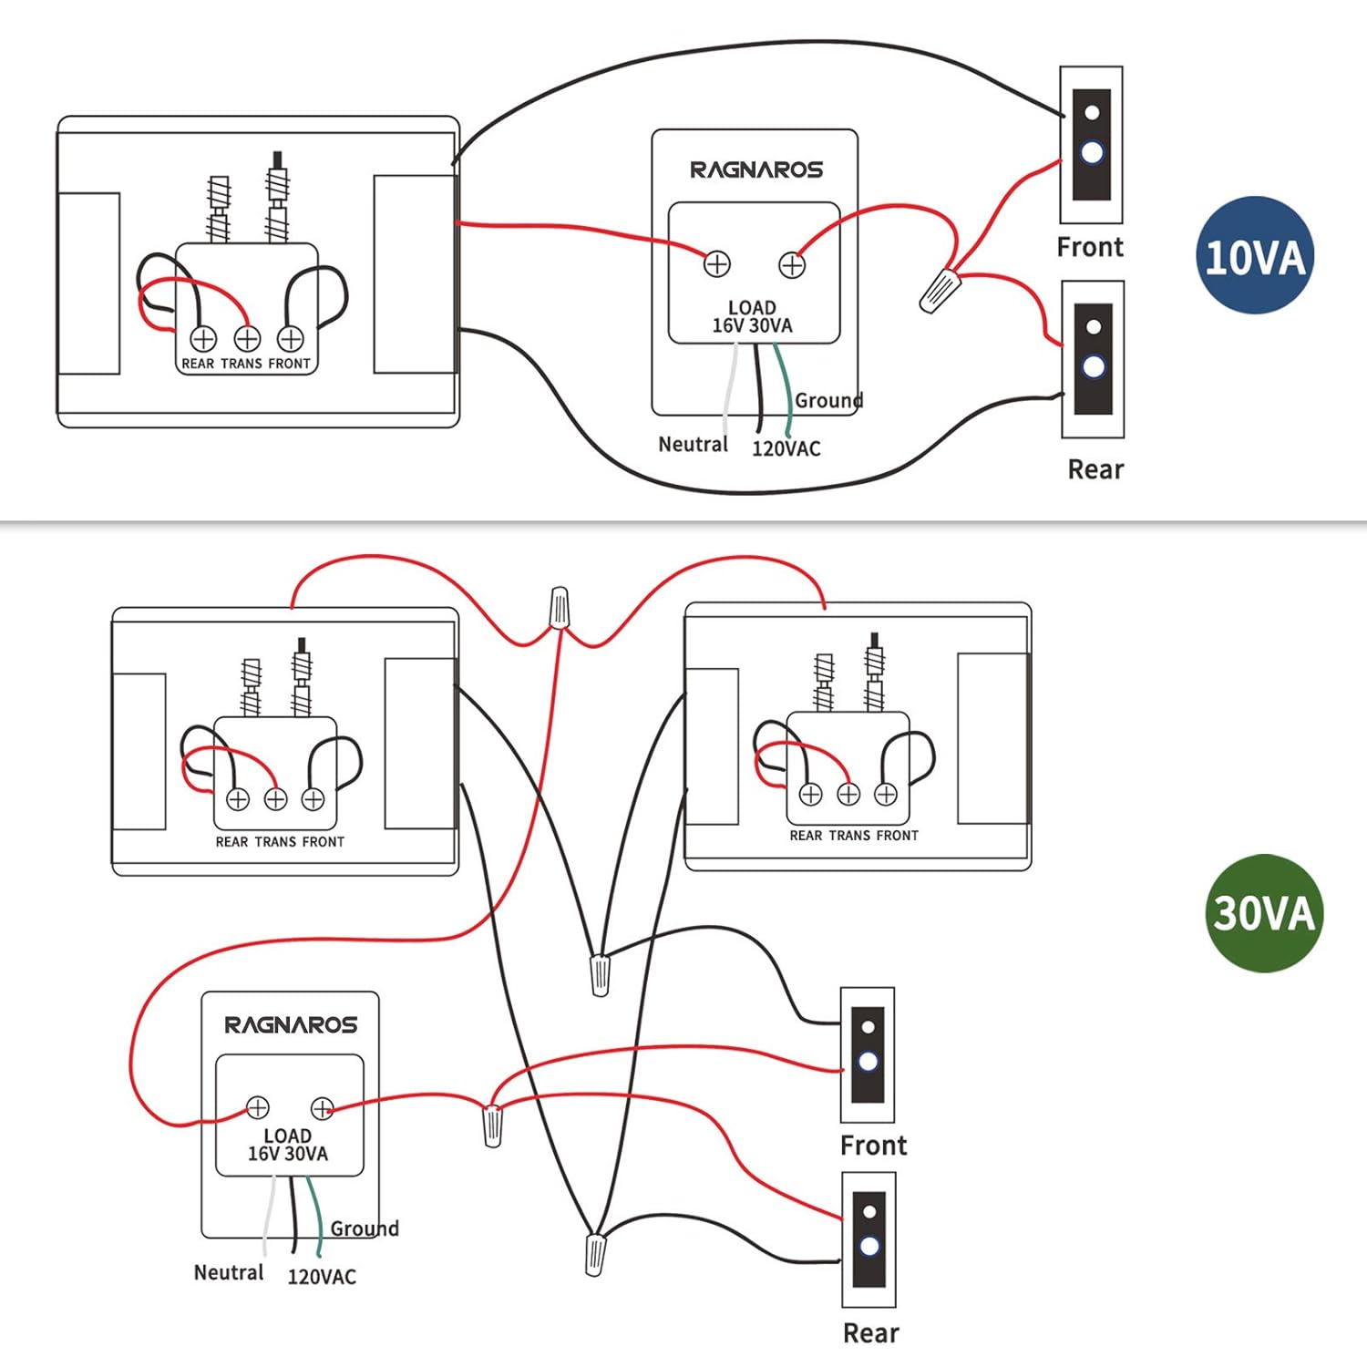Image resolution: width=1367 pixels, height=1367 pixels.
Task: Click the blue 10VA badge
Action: coord(1254,255)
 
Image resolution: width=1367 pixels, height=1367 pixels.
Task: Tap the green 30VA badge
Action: coord(1263,912)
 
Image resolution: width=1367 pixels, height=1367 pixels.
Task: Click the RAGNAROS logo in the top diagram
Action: coord(755,170)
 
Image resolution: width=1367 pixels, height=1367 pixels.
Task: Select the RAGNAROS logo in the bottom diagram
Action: coord(291,1025)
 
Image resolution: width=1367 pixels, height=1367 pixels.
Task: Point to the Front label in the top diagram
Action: coord(1090,247)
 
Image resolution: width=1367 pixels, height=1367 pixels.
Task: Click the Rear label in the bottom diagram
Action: coord(871,1333)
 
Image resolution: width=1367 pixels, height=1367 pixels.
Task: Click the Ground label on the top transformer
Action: coord(828,400)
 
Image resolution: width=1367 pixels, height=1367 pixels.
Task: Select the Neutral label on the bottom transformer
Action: coord(229,1272)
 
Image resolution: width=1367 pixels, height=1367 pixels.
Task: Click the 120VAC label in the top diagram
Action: coord(786,448)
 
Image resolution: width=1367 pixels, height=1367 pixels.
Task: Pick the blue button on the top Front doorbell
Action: coord(1092,152)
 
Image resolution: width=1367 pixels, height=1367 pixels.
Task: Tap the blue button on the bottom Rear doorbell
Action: coord(869,1246)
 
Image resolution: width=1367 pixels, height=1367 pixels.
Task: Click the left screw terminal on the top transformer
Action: coord(717,263)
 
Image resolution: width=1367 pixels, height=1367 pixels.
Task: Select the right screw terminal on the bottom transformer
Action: coord(323,1108)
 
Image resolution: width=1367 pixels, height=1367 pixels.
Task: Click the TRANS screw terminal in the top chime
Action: coord(247,339)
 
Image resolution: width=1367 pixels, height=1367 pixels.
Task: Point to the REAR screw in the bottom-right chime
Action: coord(810,794)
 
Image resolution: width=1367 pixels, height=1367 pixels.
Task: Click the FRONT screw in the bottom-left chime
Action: coord(313,799)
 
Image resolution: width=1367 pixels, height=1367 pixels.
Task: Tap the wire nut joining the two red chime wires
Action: coord(560,608)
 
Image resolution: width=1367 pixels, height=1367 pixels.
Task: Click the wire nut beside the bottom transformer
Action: coord(492,1125)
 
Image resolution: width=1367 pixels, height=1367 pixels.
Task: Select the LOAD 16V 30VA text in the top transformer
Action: coord(752,316)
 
